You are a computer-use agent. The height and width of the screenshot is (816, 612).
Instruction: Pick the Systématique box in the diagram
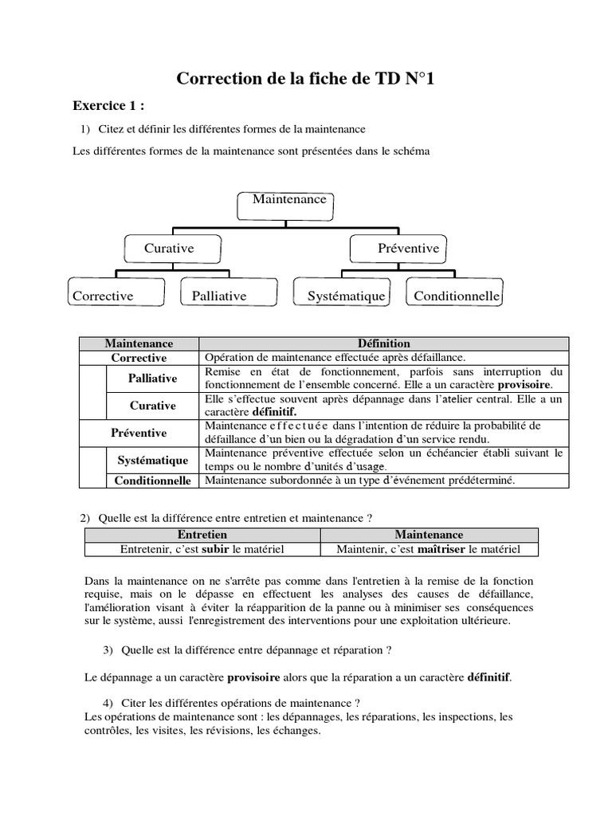(x=343, y=294)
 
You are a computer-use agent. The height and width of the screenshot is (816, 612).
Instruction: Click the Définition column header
(x=384, y=343)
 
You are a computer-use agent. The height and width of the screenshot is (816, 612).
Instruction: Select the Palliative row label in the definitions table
(x=152, y=379)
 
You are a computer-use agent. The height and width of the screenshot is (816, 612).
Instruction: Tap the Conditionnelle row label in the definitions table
(x=152, y=481)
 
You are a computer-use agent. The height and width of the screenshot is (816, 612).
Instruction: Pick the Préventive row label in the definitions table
(x=139, y=433)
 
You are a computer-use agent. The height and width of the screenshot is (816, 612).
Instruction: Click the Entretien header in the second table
(x=202, y=535)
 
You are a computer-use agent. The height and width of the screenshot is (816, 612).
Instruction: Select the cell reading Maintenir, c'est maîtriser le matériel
(x=429, y=549)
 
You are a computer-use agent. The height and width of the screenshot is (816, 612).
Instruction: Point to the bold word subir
(x=215, y=549)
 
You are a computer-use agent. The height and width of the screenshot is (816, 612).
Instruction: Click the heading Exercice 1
(x=109, y=105)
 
